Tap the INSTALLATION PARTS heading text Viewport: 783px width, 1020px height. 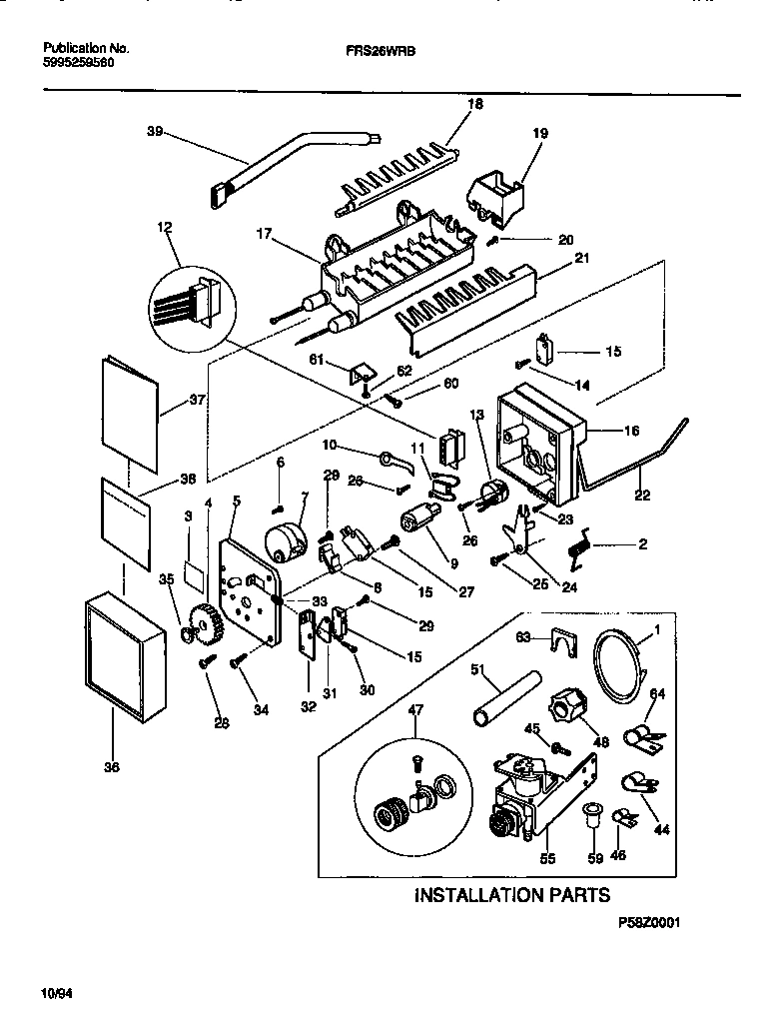pos(512,895)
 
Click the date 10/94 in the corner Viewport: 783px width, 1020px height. pos(57,995)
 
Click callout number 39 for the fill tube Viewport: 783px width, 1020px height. pos(154,132)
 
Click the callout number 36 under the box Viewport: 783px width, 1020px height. pos(111,767)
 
